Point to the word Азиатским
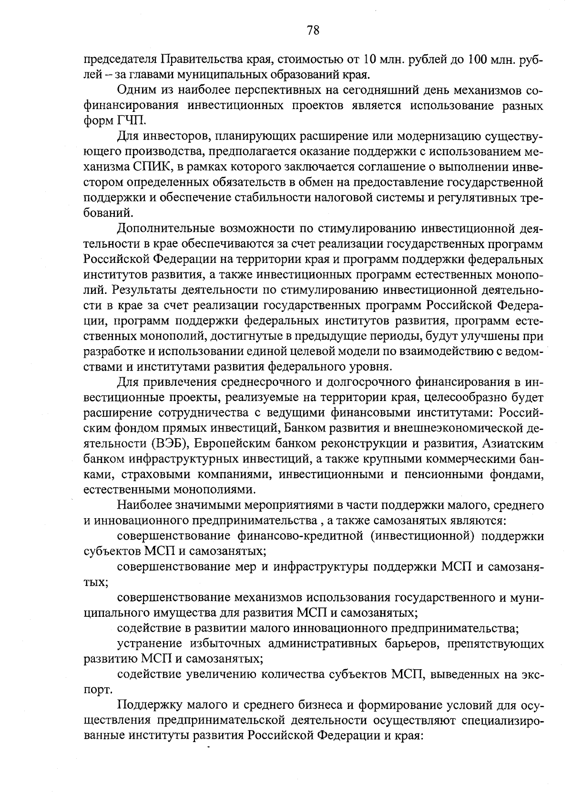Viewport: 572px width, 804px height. point(513,444)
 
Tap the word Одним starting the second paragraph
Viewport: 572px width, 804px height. point(134,90)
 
